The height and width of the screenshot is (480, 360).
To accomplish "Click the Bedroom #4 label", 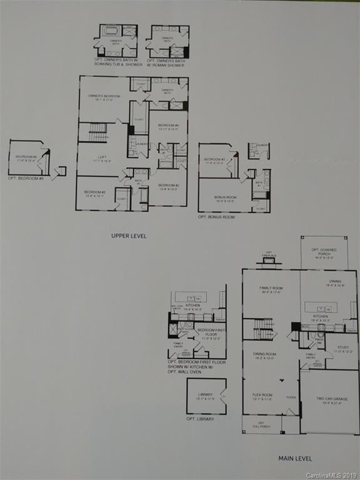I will pos(169,127).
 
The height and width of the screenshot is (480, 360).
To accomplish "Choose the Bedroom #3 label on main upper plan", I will pos(95,193).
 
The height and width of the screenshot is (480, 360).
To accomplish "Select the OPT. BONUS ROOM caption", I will pos(216,217).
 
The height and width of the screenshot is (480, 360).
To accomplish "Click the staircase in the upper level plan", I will pos(98,132).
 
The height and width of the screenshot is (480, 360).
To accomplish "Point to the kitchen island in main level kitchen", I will pos(321,307).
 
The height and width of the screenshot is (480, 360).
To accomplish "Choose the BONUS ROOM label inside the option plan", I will pos(225,199).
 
